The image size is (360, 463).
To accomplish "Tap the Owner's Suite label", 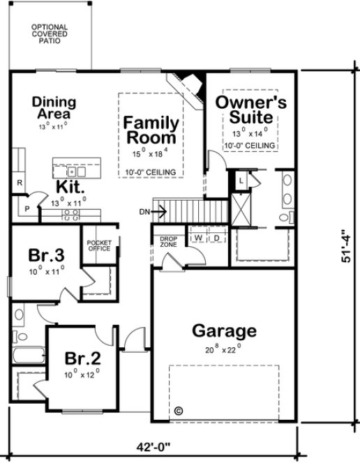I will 250,109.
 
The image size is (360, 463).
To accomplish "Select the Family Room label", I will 151,129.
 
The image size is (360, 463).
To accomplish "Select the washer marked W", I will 197,238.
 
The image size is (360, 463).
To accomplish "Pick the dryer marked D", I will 216,238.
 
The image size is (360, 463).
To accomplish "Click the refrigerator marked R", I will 20,183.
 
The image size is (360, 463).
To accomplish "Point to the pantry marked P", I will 27,208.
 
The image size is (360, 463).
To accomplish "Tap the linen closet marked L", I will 240,180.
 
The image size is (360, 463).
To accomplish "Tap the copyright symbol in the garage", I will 178,410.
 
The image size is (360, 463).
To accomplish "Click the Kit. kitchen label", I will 71,188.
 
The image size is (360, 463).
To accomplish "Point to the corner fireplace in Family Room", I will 190,82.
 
